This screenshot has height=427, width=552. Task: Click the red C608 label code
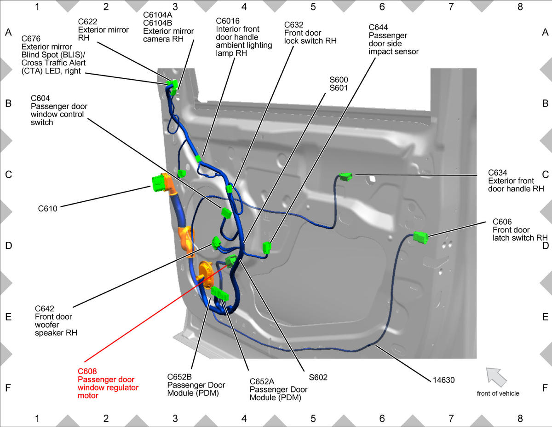point(87,371)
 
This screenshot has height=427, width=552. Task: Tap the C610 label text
point(47,209)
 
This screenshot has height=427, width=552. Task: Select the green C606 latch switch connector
point(420,238)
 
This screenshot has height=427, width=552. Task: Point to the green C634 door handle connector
point(346,176)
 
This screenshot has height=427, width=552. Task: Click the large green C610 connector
point(159,183)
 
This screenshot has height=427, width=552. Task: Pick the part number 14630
point(443,380)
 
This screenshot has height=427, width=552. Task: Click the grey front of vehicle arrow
point(496,377)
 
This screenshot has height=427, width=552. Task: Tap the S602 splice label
point(318,377)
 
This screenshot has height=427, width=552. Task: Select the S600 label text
point(339,80)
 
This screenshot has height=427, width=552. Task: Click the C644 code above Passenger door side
point(378,27)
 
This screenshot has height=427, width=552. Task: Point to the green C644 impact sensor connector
point(267,248)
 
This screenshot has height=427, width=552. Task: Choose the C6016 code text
point(228,21)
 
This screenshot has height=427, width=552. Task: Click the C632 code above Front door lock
point(293,25)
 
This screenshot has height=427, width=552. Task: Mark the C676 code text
point(31,39)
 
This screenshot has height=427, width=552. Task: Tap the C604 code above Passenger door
point(40,98)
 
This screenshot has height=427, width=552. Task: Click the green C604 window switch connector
point(226,213)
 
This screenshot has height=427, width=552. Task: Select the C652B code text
point(179,377)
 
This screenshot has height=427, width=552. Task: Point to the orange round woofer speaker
point(206,275)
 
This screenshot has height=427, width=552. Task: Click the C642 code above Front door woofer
point(45,309)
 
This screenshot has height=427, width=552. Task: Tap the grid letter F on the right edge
point(545,388)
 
